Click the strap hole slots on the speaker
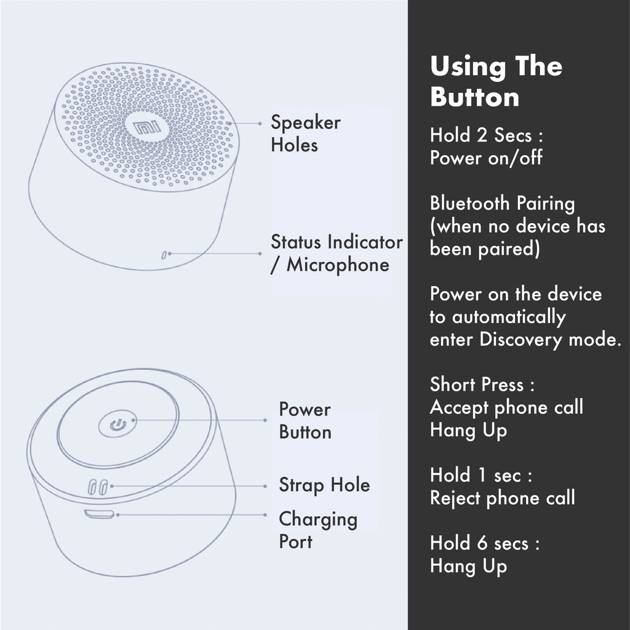98,487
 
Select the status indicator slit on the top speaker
164,253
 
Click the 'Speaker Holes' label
305,134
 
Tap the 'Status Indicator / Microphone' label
336,253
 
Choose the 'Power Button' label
305,420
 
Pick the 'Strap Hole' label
324,485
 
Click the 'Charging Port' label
317,530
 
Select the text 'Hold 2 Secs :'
486,135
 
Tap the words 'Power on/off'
486,158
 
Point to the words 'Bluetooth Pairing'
502,204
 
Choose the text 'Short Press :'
482,385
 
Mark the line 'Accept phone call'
506,407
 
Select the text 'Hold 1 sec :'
480,476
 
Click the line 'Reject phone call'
502,498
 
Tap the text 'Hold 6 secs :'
485,544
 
